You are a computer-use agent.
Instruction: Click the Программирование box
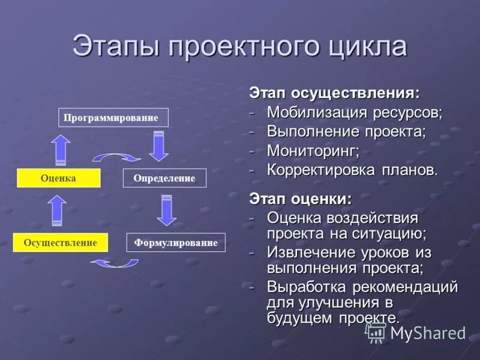(x=113, y=118)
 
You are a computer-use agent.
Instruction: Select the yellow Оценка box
(x=58, y=178)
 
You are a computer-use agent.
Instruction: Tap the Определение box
(x=164, y=178)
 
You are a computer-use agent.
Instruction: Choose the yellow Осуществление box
(x=60, y=242)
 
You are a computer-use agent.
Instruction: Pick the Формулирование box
(x=176, y=242)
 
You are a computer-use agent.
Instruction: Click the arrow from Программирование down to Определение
(x=158, y=146)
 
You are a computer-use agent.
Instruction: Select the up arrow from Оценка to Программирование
(x=60, y=149)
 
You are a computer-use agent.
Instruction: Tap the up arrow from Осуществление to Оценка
(x=57, y=211)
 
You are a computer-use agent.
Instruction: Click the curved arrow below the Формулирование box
(x=115, y=263)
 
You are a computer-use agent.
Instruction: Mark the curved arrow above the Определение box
(x=116, y=157)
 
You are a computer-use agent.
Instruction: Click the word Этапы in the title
(x=115, y=47)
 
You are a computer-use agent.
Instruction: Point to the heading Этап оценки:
(x=301, y=198)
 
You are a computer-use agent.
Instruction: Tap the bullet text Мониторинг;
(x=313, y=150)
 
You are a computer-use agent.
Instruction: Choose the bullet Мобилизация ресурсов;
(x=355, y=112)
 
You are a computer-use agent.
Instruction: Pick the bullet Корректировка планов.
(x=353, y=169)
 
